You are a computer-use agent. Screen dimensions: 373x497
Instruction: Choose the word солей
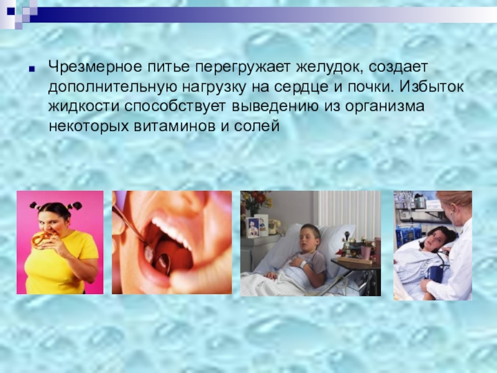pos(258,127)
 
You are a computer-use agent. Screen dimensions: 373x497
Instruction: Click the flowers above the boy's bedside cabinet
pos(255,200)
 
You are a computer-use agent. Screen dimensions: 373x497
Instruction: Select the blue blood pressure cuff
pos(435,273)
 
